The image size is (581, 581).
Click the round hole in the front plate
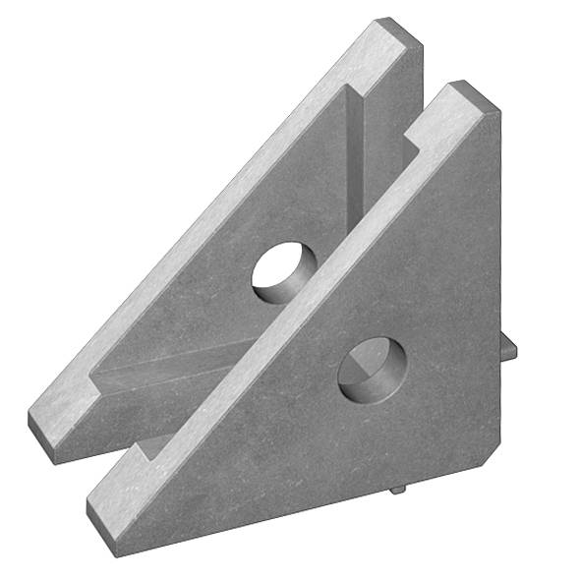pos(372,370)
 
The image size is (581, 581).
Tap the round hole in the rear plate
pos(284,270)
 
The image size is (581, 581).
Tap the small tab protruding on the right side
pos(509,349)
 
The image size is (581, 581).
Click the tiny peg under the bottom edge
pos(397,488)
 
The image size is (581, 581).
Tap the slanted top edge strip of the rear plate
pos(216,216)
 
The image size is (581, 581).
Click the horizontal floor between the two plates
pos(167,378)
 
